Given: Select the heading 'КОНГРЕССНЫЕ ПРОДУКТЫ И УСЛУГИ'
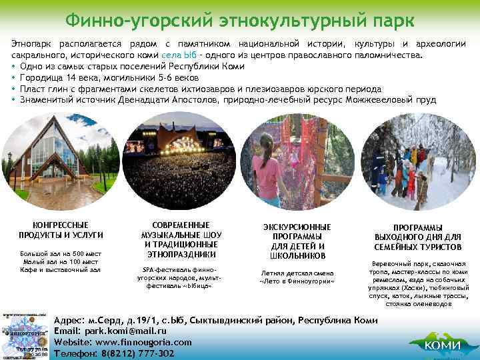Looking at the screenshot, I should point(61,230).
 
